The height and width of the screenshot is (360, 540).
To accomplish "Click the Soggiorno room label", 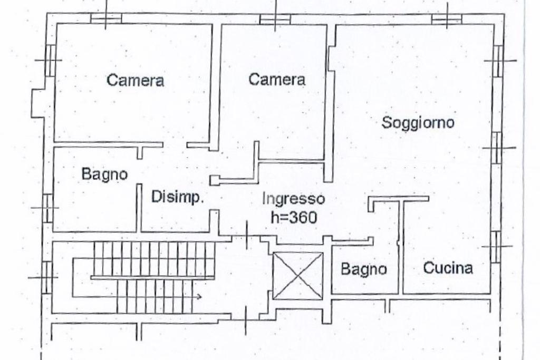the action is pyautogui.click(x=418, y=123).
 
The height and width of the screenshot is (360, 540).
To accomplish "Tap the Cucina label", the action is pyautogui.click(x=448, y=268).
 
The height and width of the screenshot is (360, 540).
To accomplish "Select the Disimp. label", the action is pyautogui.click(x=177, y=198).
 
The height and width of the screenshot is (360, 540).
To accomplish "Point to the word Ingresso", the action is pyautogui.click(x=293, y=199).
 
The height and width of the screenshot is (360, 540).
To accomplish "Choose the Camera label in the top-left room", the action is pyautogui.click(x=135, y=81).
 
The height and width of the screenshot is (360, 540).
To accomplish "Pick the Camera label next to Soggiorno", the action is pyautogui.click(x=277, y=80).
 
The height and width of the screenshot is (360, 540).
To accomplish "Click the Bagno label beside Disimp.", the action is pyautogui.click(x=104, y=174).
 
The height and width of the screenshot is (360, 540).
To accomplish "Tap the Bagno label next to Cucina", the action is pyautogui.click(x=363, y=269).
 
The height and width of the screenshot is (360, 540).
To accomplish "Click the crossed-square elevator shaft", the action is pyautogui.click(x=298, y=276).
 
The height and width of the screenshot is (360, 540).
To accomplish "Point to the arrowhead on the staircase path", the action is pyautogui.click(x=199, y=297).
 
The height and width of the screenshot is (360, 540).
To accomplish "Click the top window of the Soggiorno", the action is pyautogui.click(x=447, y=19).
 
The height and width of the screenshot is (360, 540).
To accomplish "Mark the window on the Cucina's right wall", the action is pyautogui.click(x=496, y=246).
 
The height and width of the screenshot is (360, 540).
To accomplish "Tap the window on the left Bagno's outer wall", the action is pyautogui.click(x=47, y=208).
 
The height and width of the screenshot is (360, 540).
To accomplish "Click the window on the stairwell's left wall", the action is pyautogui.click(x=47, y=276).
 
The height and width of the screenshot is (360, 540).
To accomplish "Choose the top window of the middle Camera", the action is pyautogui.click(x=275, y=20).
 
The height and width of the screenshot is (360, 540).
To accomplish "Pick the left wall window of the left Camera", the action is pyautogui.click(x=50, y=59).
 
